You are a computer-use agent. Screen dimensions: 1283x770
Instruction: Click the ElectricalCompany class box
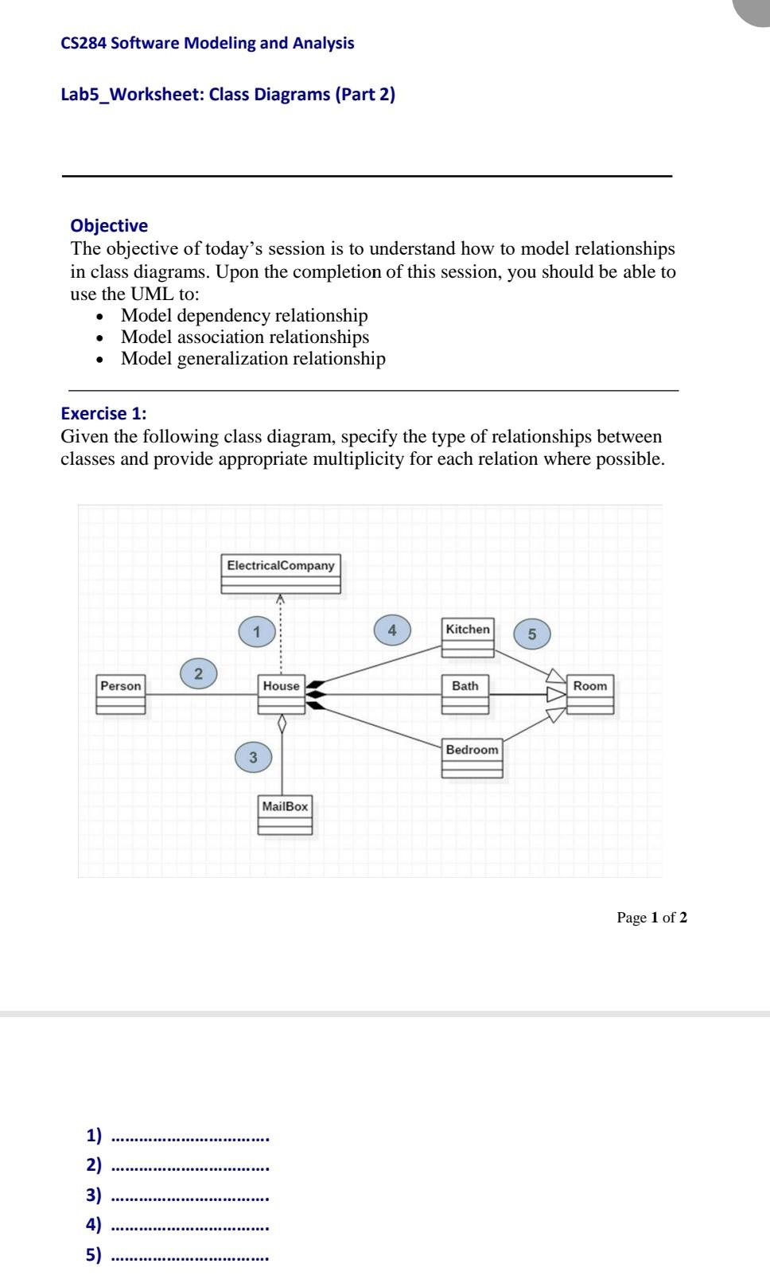pyautogui.click(x=280, y=574)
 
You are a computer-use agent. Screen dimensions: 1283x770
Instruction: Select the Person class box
pyautogui.click(x=121, y=694)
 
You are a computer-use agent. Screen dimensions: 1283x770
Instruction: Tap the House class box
pyautogui.click(x=282, y=694)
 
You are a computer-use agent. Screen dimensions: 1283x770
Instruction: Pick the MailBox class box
pyautogui.click(x=285, y=814)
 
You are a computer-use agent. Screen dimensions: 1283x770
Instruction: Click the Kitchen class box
pyautogui.click(x=468, y=637)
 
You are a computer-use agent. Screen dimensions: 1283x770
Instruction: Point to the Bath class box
pyautogui.click(x=465, y=694)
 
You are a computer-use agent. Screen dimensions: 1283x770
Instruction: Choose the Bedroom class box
pyautogui.click(x=472, y=758)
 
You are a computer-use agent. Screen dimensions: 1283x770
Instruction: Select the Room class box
pyautogui.click(x=590, y=694)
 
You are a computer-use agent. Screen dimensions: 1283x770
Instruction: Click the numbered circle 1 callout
pyautogui.click(x=256, y=633)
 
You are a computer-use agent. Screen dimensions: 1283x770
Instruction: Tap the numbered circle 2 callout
pyautogui.click(x=199, y=674)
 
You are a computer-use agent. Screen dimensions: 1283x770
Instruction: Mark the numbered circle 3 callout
pyautogui.click(x=253, y=757)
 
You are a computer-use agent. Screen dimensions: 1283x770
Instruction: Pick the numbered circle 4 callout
pyautogui.click(x=392, y=630)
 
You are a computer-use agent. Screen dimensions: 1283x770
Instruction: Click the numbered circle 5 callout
pyautogui.click(x=532, y=634)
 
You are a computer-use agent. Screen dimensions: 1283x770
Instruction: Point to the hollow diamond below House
pyautogui.click(x=282, y=723)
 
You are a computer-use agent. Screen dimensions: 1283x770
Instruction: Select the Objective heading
pyautogui.click(x=109, y=225)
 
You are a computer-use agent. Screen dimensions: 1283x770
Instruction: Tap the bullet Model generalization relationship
pyautogui.click(x=253, y=358)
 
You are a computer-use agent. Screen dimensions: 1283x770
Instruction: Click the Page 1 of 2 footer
pyautogui.click(x=651, y=917)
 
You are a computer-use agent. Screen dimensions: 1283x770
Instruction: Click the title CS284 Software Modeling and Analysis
pyautogui.click(x=208, y=43)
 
